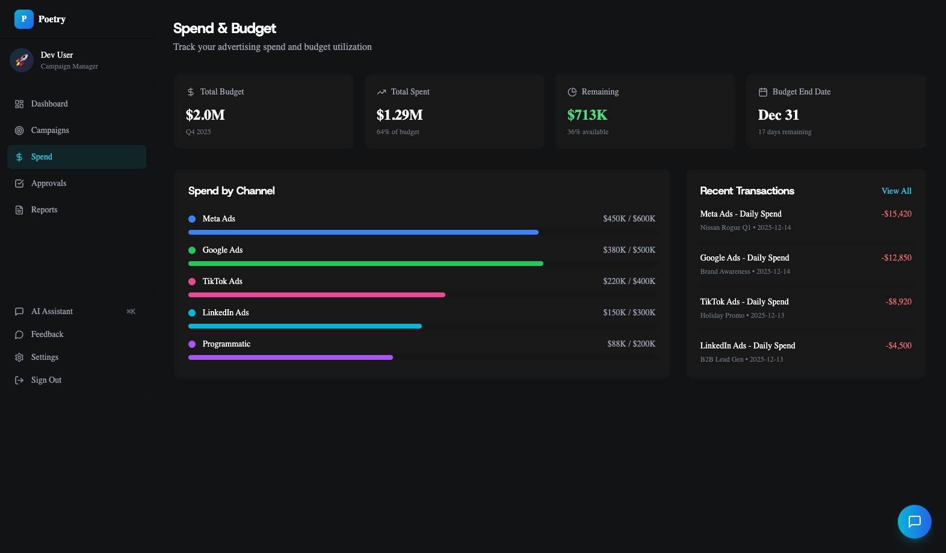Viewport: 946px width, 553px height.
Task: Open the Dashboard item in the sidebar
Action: (49, 104)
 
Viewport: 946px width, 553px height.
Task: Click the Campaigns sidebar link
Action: (50, 131)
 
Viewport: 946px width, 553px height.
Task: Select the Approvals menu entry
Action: (49, 184)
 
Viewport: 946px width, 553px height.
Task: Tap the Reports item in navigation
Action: (44, 210)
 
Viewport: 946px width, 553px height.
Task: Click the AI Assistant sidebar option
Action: (52, 312)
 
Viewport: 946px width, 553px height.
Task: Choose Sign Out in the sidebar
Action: (46, 380)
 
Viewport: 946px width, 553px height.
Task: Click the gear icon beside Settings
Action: (19, 357)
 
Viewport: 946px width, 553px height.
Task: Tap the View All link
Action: (896, 191)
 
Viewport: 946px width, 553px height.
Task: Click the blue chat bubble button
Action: (914, 521)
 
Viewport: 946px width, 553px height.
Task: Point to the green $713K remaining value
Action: (587, 115)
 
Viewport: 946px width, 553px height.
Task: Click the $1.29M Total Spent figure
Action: (400, 115)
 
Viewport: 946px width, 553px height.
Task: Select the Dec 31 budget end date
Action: (778, 115)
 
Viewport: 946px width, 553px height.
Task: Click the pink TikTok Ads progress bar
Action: (317, 295)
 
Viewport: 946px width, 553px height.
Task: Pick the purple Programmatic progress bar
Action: (290, 357)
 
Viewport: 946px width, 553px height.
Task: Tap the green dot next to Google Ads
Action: (192, 250)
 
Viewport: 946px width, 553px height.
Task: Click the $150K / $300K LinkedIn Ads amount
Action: (629, 312)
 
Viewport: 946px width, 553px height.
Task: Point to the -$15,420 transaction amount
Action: (896, 214)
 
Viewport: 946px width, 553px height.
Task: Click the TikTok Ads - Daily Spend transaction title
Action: (744, 301)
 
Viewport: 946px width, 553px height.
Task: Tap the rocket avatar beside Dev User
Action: (22, 60)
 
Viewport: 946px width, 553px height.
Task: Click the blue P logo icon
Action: (24, 19)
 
